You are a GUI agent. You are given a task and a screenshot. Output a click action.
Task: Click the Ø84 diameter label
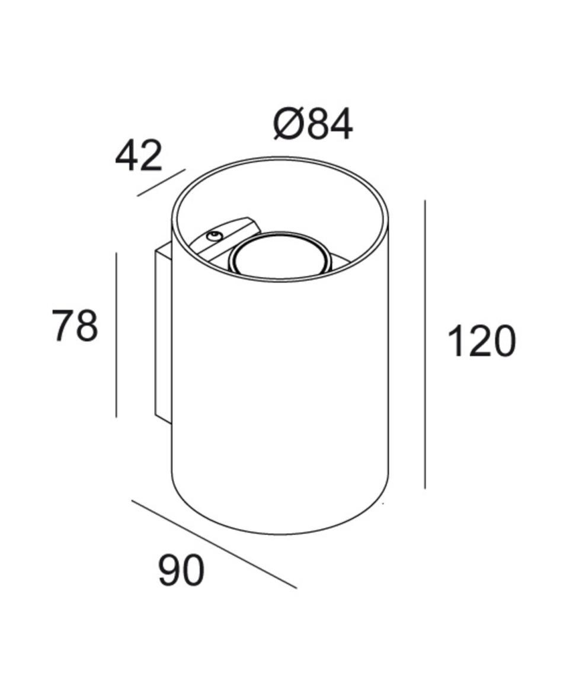313,124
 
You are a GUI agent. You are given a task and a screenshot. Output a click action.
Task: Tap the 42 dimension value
139,155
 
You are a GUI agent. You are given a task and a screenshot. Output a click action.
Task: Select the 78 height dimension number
75,325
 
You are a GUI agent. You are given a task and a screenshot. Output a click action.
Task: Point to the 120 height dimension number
481,341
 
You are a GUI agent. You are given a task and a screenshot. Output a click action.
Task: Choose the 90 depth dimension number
181,570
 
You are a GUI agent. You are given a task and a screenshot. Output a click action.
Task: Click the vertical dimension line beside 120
425,344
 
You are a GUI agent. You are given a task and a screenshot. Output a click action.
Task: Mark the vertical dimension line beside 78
116,335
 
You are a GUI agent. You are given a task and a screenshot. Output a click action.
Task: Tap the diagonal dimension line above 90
214,544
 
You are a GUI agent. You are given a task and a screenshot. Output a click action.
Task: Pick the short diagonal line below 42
161,182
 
